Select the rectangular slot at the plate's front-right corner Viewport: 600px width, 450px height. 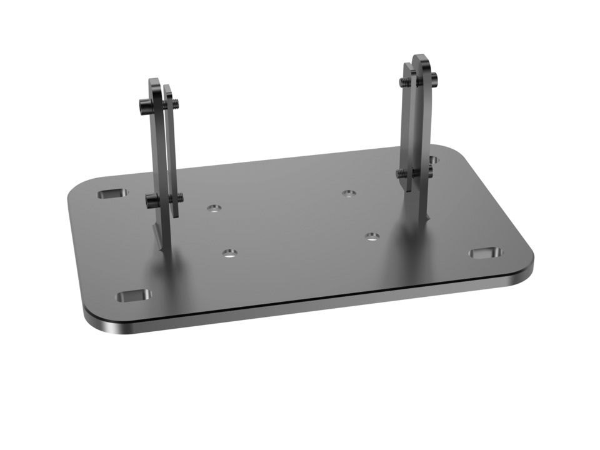(485, 253)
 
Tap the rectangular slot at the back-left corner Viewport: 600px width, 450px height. (112, 194)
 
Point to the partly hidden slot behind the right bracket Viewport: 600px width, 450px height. (433, 160)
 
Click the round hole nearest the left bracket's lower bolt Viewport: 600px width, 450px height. (215, 208)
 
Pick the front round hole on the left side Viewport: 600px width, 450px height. (229, 253)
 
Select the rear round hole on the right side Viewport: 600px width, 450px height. (349, 192)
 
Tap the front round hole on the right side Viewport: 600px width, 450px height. (372, 236)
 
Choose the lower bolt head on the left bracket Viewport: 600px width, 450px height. (151, 201)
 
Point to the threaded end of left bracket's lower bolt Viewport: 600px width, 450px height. (180, 198)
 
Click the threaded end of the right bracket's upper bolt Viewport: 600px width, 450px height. (402, 81)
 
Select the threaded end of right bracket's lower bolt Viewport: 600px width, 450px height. (399, 173)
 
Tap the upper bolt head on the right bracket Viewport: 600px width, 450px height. (433, 79)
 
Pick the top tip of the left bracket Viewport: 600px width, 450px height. (154, 81)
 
